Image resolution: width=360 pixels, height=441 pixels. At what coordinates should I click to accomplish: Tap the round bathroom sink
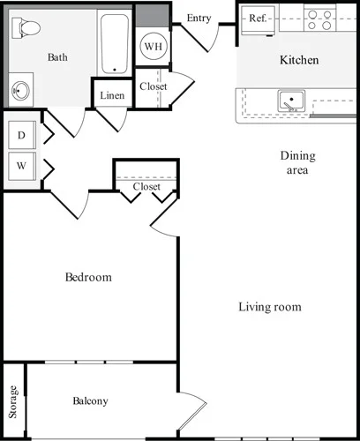[x=21, y=90]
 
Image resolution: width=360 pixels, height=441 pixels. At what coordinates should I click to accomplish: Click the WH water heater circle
[x=152, y=45]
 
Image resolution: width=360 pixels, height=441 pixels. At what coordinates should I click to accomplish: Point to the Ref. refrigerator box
[x=259, y=18]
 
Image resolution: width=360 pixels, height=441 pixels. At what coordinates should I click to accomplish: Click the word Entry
[x=199, y=18]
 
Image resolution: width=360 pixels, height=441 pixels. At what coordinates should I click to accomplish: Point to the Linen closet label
[x=112, y=95]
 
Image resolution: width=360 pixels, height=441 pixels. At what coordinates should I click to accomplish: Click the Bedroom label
[x=89, y=278]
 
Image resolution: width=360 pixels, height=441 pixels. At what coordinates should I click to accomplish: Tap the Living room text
[x=270, y=308]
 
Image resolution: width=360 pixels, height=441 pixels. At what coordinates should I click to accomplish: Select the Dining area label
[x=297, y=163]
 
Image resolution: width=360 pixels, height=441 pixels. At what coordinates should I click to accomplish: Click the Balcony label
[x=90, y=401]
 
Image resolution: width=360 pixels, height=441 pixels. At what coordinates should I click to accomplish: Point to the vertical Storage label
[x=13, y=402]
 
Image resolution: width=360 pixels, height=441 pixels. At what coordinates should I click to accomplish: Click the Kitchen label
[x=299, y=61]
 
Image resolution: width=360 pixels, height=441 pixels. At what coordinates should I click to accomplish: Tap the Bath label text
[x=57, y=58]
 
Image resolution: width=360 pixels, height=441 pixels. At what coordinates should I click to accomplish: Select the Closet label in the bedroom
[x=146, y=187]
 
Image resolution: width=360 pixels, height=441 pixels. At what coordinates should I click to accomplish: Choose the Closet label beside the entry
[x=153, y=86]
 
